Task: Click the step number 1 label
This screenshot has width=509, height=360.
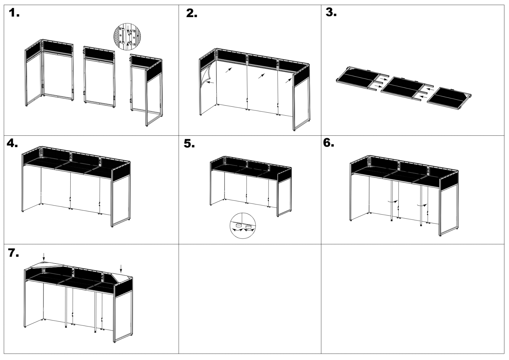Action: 14,13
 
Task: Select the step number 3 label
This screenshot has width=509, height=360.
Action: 331,12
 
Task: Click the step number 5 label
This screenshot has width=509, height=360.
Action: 189,144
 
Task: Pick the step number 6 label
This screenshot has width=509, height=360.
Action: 329,143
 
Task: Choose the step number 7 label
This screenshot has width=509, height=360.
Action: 13,253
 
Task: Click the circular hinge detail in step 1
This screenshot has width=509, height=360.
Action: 127,36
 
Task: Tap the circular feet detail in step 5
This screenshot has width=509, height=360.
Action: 243,226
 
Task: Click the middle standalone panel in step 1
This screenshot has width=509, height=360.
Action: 99,77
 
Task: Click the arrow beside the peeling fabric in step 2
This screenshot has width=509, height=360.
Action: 211,82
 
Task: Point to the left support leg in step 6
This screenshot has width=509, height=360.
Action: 391,201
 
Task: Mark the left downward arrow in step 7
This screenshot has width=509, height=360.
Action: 44,257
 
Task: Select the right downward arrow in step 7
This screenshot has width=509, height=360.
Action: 121,269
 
